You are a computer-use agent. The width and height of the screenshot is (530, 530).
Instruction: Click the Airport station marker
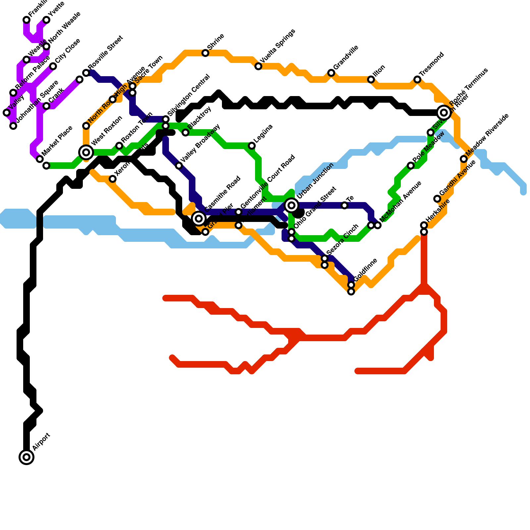[x=26, y=457]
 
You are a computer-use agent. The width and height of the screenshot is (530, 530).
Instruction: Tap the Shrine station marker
[x=205, y=53]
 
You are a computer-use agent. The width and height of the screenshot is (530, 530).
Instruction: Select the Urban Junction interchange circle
[x=291, y=205]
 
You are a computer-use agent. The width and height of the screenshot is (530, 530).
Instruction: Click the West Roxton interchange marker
[x=86, y=152]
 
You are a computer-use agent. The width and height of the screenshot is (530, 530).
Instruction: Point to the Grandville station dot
[x=331, y=73]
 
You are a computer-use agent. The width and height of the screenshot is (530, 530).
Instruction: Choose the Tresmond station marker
[x=417, y=79]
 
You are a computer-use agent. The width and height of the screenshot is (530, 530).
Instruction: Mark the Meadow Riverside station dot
[x=464, y=159]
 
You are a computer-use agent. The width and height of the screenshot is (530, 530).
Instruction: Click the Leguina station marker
[x=252, y=146]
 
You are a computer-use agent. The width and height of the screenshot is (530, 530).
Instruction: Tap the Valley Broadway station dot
[x=179, y=166]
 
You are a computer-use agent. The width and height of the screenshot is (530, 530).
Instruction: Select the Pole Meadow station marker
[x=411, y=166]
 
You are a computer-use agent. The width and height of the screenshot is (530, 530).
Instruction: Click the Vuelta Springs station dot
[x=258, y=66]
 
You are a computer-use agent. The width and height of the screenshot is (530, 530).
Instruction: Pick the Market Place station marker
[x=40, y=159]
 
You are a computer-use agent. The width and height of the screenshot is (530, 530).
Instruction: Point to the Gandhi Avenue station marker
[x=437, y=199]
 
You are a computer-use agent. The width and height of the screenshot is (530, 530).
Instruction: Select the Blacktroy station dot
[x=185, y=132]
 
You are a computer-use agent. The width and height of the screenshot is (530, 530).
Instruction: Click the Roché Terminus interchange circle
[x=444, y=113]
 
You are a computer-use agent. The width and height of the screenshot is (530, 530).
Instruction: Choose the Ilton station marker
[x=371, y=79]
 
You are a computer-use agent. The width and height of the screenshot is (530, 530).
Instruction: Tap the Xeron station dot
[x=113, y=179]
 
